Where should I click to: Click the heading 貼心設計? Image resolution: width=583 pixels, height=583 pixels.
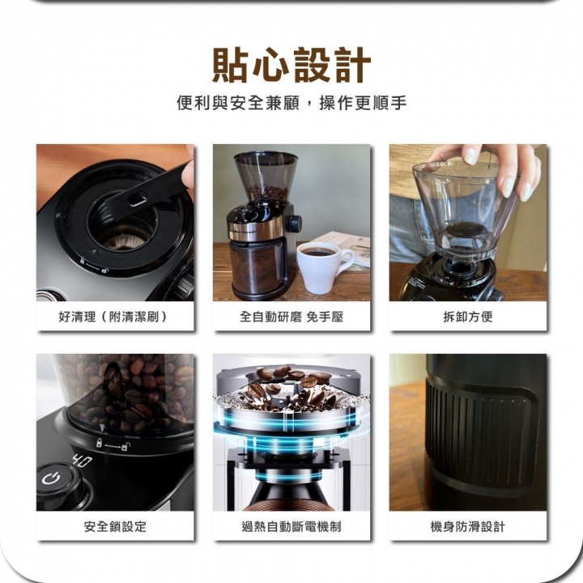coord(291,66)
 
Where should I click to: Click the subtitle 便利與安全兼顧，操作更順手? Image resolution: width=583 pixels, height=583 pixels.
coord(291,104)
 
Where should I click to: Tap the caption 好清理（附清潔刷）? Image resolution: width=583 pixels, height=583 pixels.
coord(114,317)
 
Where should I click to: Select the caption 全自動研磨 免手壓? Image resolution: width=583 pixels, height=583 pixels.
coord(291,317)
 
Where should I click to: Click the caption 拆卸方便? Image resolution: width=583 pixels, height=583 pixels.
coord(467,317)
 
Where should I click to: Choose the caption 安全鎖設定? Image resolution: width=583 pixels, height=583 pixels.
coord(114,526)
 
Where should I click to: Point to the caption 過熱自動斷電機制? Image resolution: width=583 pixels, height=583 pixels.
coord(291,526)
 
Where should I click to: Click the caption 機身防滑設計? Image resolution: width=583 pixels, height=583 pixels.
coord(467,526)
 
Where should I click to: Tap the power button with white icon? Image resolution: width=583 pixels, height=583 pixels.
coord(52,479)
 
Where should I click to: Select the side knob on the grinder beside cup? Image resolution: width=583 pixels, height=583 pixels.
coord(296,223)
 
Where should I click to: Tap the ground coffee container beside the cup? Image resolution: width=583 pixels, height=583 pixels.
coord(255,267)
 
